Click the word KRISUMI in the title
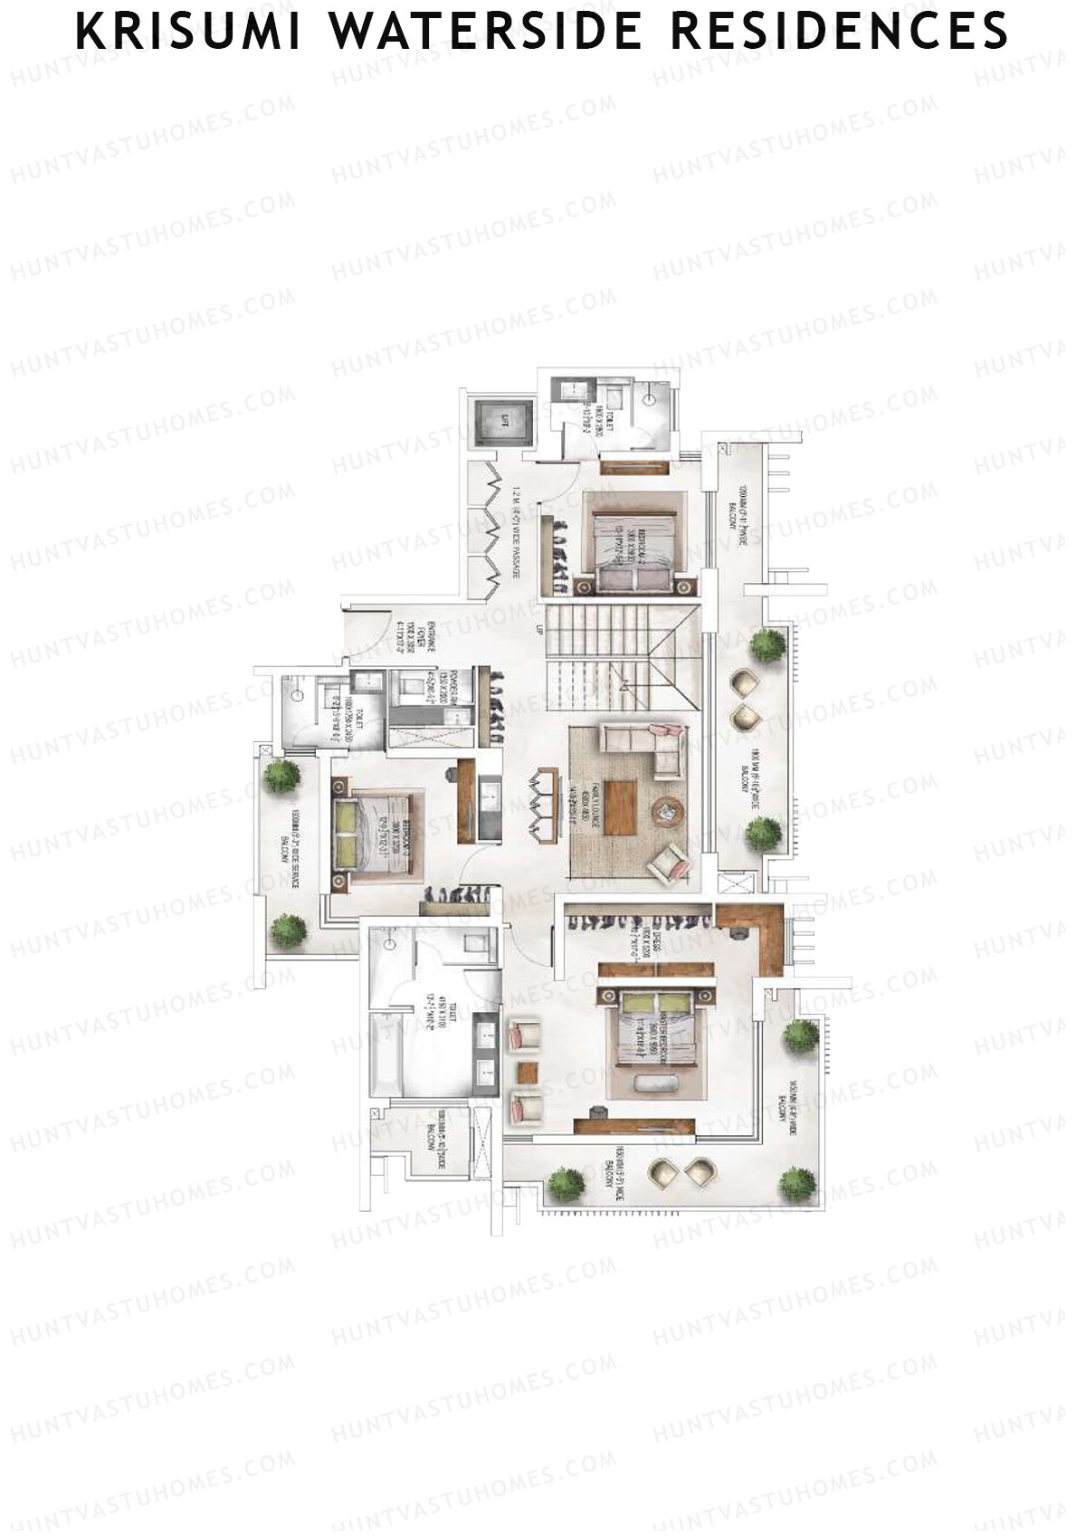point(189,31)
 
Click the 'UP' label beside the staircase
point(539,630)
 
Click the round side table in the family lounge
point(668,810)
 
